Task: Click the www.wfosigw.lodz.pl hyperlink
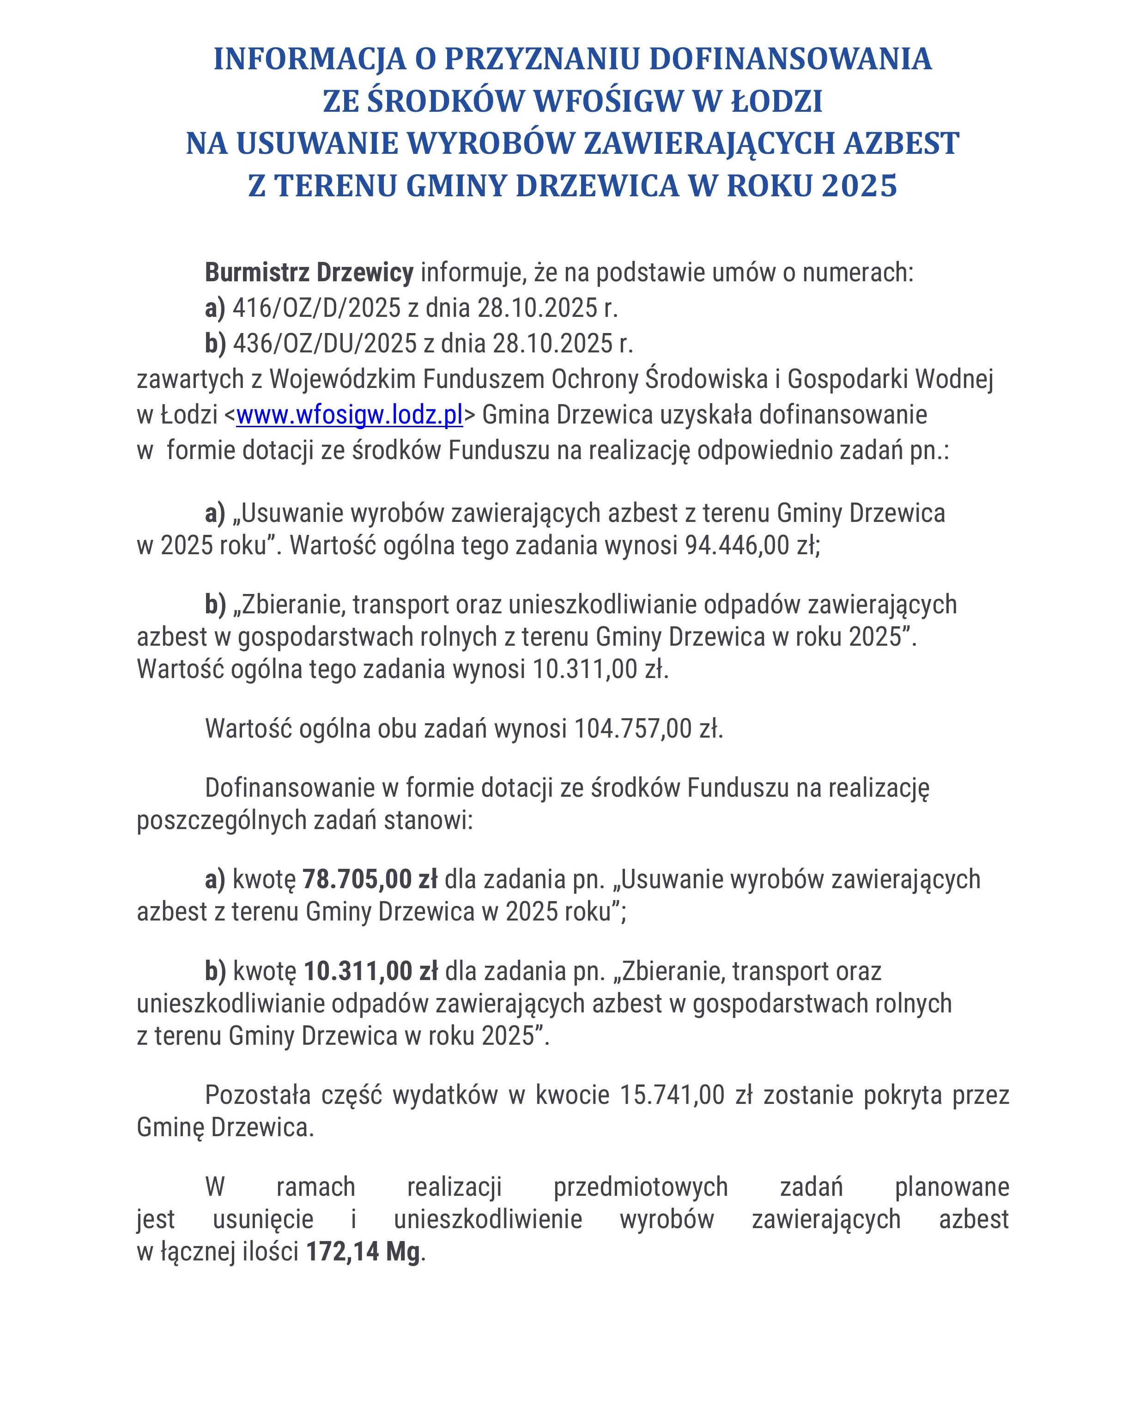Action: (x=349, y=415)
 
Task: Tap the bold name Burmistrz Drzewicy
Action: (x=309, y=272)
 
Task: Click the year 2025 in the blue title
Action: (x=859, y=186)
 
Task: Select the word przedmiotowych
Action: (x=640, y=1187)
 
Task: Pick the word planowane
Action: (x=951, y=1187)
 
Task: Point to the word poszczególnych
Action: (x=221, y=820)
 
